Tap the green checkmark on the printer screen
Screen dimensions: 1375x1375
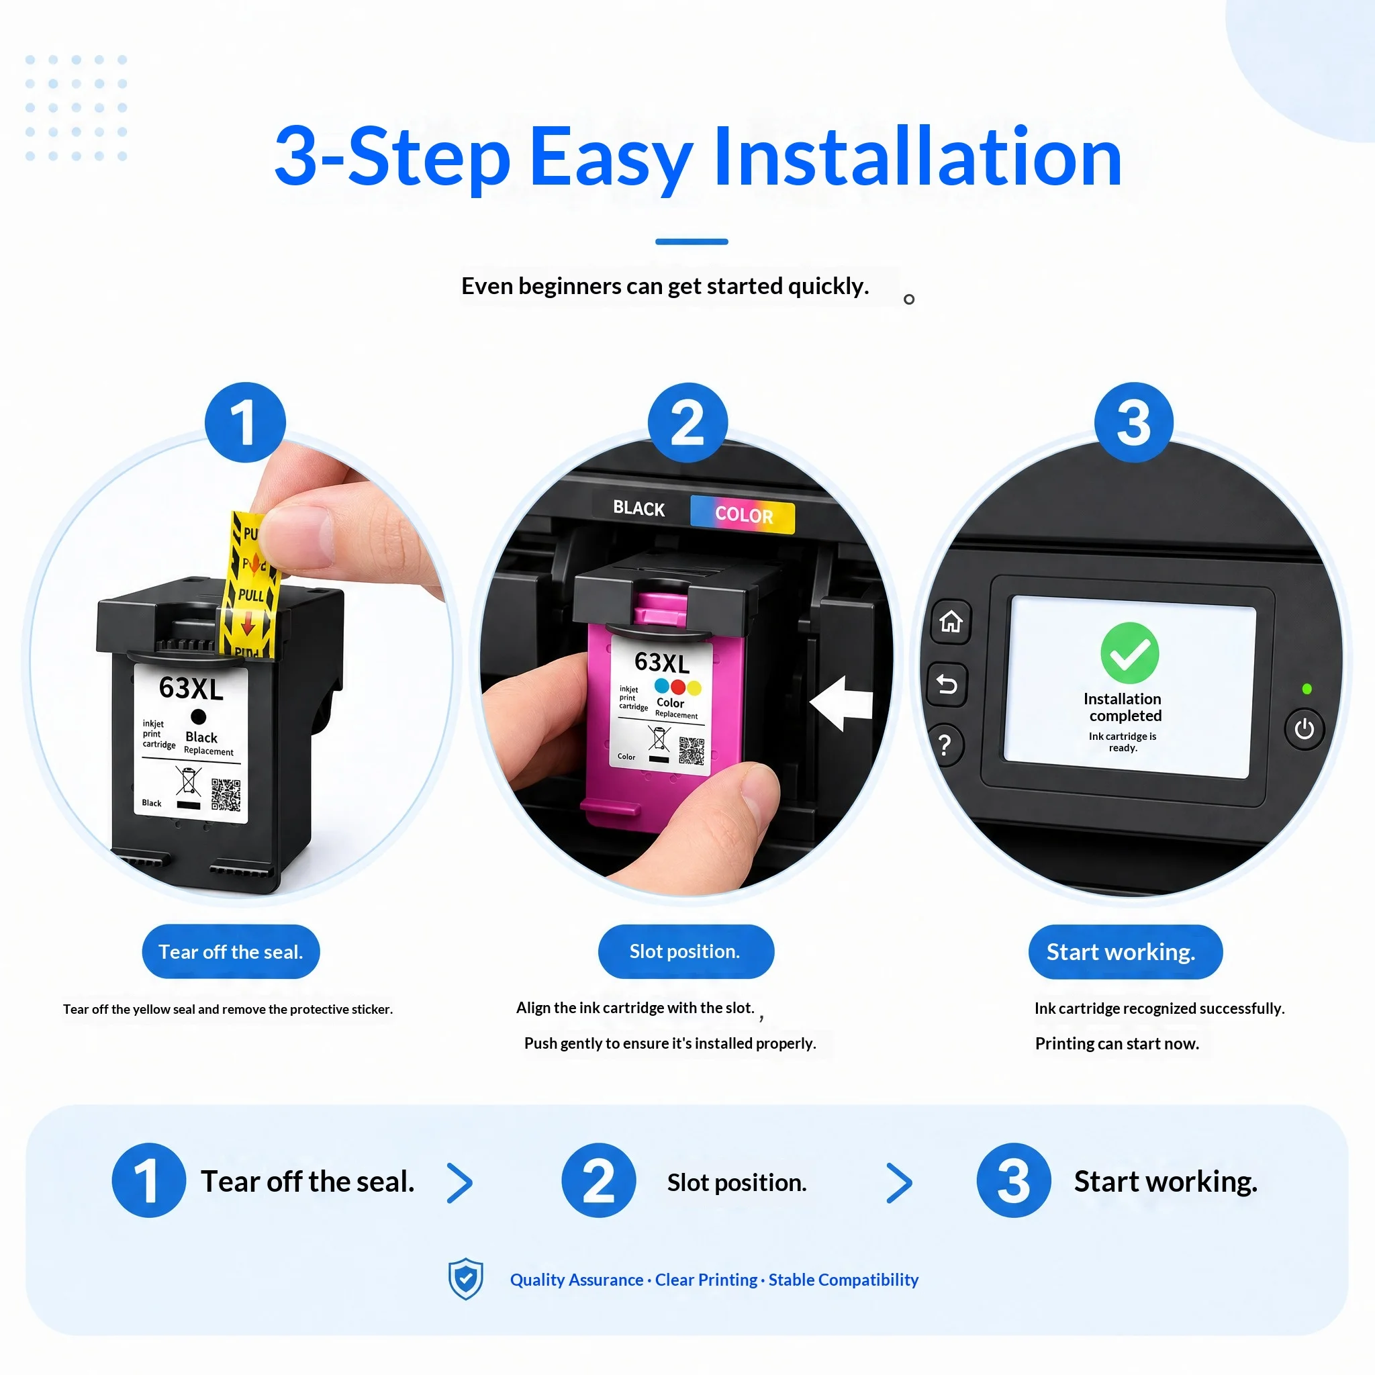[x=1129, y=653]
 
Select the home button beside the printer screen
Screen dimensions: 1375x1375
[x=951, y=621]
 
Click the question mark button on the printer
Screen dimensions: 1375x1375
[x=945, y=745]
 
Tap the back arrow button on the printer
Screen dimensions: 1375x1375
[x=947, y=685]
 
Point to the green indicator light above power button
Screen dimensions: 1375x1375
[x=1307, y=689]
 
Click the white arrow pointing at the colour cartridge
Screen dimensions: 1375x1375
[x=841, y=703]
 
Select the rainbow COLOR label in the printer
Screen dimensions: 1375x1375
[x=743, y=514]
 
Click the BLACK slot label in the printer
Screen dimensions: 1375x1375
[x=638, y=508]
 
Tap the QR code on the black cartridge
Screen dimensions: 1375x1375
[x=226, y=795]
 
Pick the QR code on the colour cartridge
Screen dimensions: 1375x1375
[x=691, y=751]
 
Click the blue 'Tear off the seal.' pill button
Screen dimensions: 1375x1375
[x=230, y=951]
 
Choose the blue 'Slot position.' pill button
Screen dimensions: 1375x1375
[x=685, y=951]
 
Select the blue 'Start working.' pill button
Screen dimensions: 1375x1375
[x=1125, y=951]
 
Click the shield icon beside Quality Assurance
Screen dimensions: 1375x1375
[x=465, y=1279]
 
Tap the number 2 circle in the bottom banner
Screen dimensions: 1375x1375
[x=598, y=1181]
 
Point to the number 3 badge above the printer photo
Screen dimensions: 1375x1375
[x=1134, y=422]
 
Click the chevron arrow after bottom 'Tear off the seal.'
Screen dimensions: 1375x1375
[x=460, y=1183]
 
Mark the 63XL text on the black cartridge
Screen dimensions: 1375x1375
[x=191, y=688]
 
